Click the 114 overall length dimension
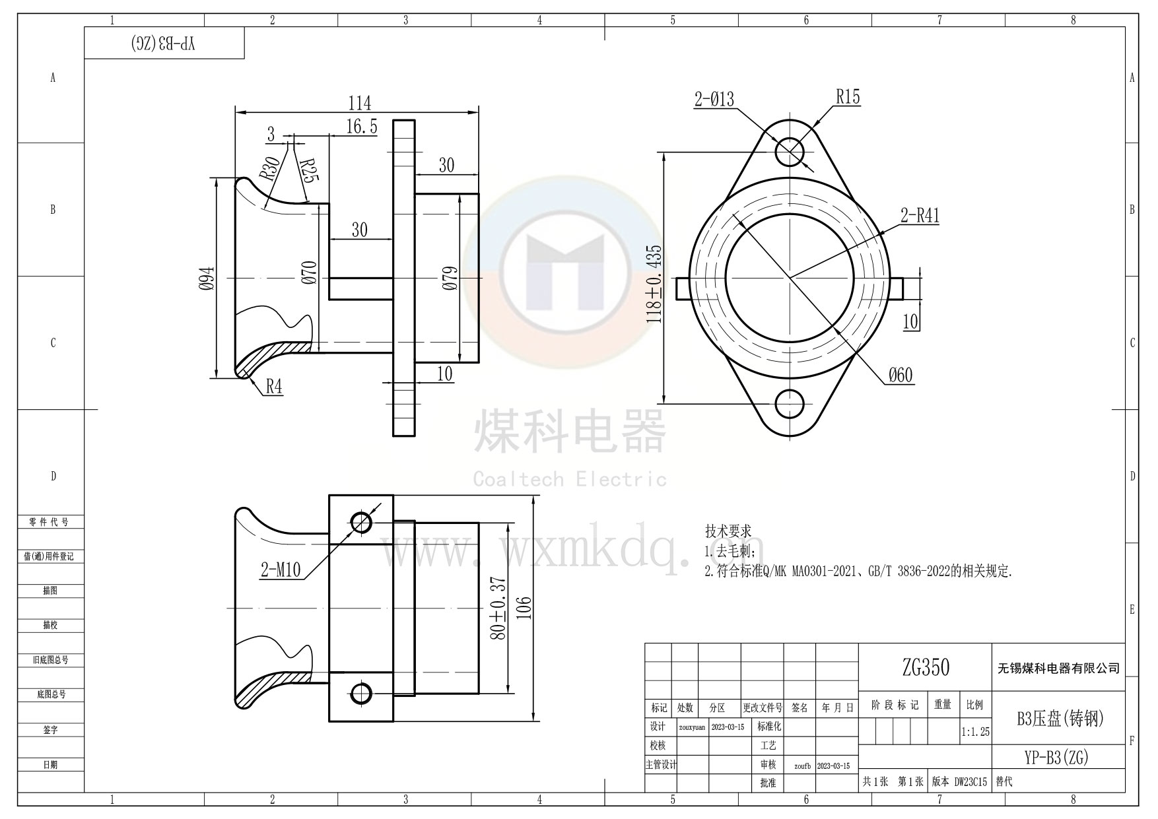pyautogui.click(x=360, y=103)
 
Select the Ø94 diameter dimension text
pyautogui.click(x=207, y=278)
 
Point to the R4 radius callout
pyautogui.click(x=274, y=387)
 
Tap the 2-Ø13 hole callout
pyautogui.click(x=714, y=99)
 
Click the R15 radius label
pyautogui.click(x=848, y=97)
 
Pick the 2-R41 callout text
pyautogui.click(x=920, y=215)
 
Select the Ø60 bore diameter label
pyautogui.click(x=900, y=376)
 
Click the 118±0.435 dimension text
pyautogui.click(x=654, y=284)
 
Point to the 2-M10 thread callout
pyautogui.click(x=281, y=570)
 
